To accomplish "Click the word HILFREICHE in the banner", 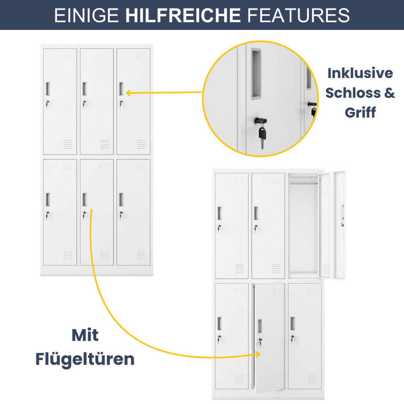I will (183, 15).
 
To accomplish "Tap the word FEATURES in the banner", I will (298, 15).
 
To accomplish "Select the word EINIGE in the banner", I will (87, 15).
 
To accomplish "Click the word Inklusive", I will (360, 73).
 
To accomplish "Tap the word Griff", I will (360, 112).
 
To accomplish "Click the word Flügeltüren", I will (85, 359).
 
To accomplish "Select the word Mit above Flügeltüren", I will (85, 335).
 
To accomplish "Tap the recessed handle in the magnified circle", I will (256, 73).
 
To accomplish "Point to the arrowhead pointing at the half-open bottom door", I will (258, 354).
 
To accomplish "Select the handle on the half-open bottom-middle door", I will (260, 325).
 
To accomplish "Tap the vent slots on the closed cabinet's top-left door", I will (68, 144).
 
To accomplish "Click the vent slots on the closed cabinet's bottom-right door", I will (141, 255).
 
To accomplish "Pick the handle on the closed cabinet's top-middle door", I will (84, 89).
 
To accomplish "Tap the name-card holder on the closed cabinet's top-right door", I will (141, 56).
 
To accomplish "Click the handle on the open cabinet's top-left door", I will (220, 213).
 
